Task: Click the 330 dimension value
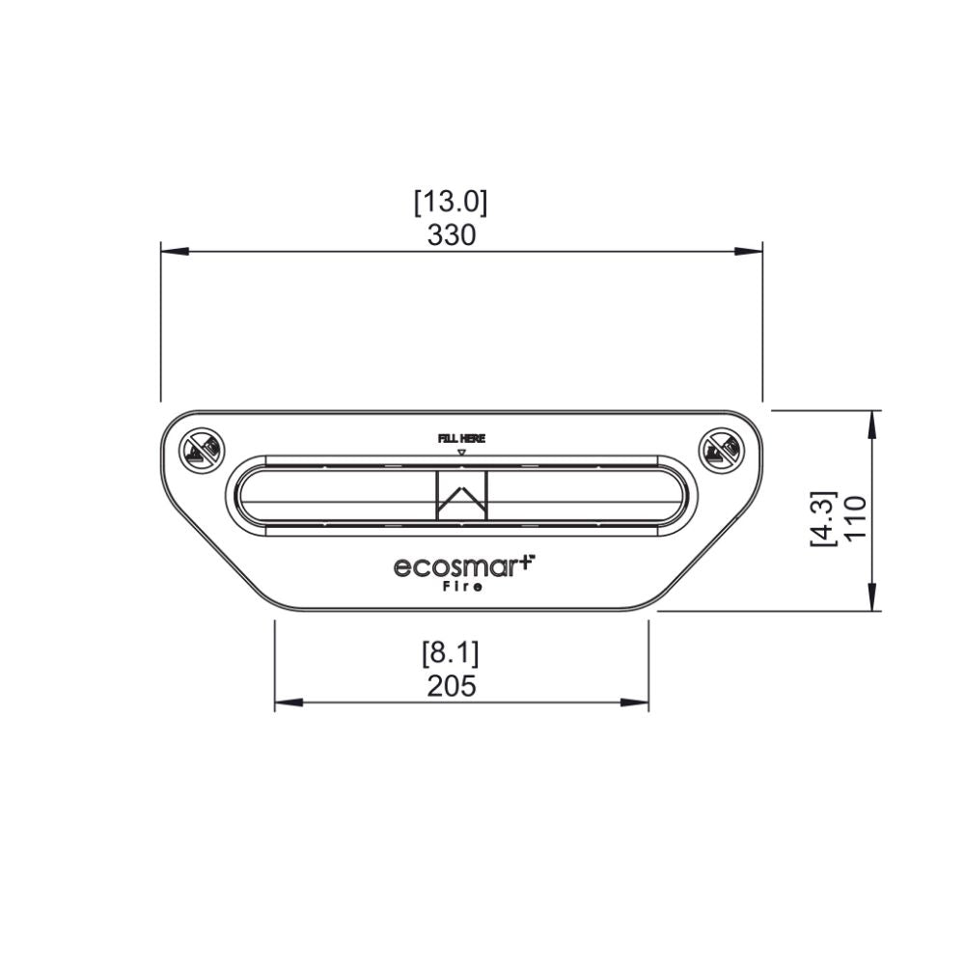[x=451, y=235]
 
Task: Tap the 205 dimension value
[x=452, y=686]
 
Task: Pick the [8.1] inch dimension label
[x=451, y=654]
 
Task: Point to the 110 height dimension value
[x=855, y=519]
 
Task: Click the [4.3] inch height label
[x=823, y=519]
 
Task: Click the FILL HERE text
[x=461, y=438]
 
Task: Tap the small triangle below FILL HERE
[x=461, y=451]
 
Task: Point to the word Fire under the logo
[x=462, y=587]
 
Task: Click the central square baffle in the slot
[x=462, y=495]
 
